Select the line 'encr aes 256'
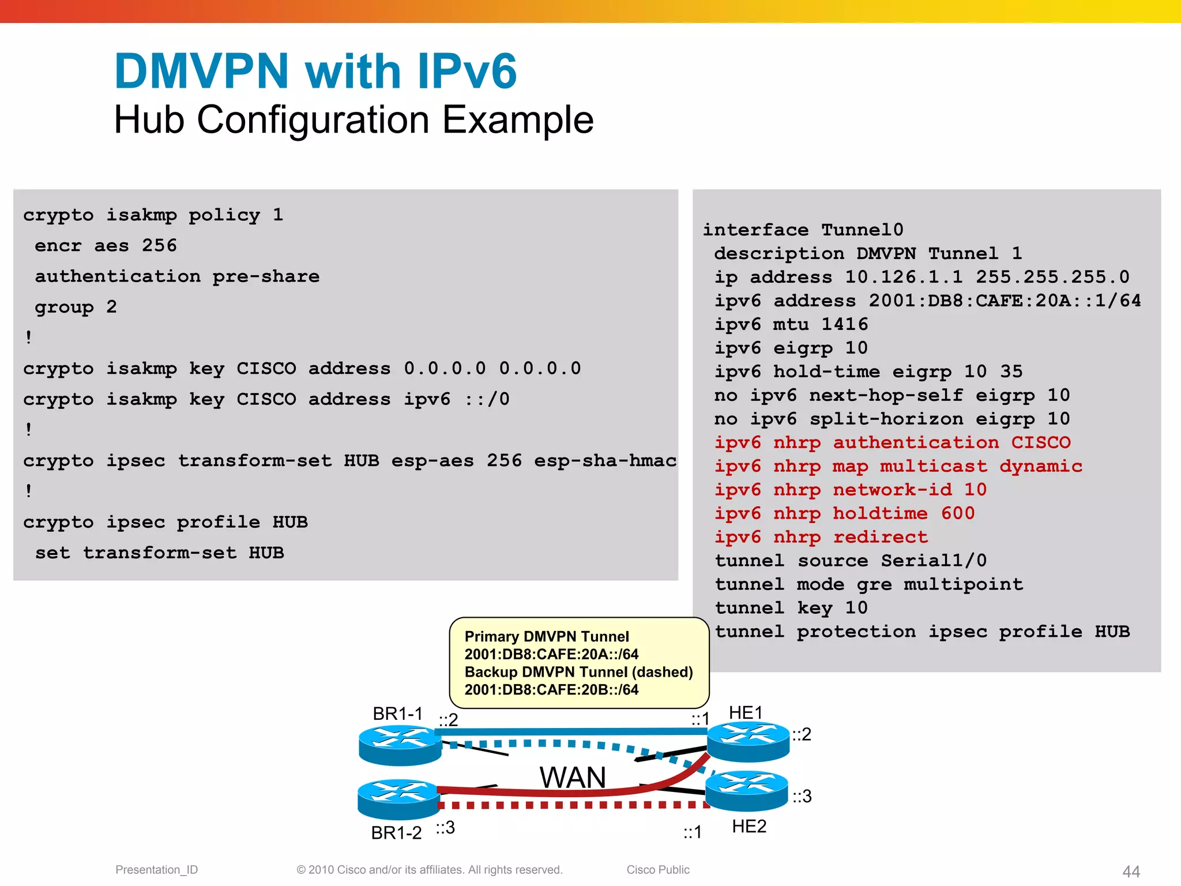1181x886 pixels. (106, 246)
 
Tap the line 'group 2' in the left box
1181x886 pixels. (76, 307)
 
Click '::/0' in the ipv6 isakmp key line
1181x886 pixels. (487, 399)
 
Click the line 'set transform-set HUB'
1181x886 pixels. (159, 553)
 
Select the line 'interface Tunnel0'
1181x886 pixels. (803, 230)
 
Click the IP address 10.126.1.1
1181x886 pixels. (904, 277)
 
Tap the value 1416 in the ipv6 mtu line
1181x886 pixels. (844, 324)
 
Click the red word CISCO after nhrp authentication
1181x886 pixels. (1040, 442)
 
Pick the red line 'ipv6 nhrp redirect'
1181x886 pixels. (821, 537)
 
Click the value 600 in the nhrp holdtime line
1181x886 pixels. (957, 513)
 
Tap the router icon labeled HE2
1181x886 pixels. (747, 790)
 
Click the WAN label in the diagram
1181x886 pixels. (573, 778)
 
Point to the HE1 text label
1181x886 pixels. (745, 713)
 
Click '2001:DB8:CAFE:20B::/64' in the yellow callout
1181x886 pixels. (551, 690)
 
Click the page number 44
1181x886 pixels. (1131, 871)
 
